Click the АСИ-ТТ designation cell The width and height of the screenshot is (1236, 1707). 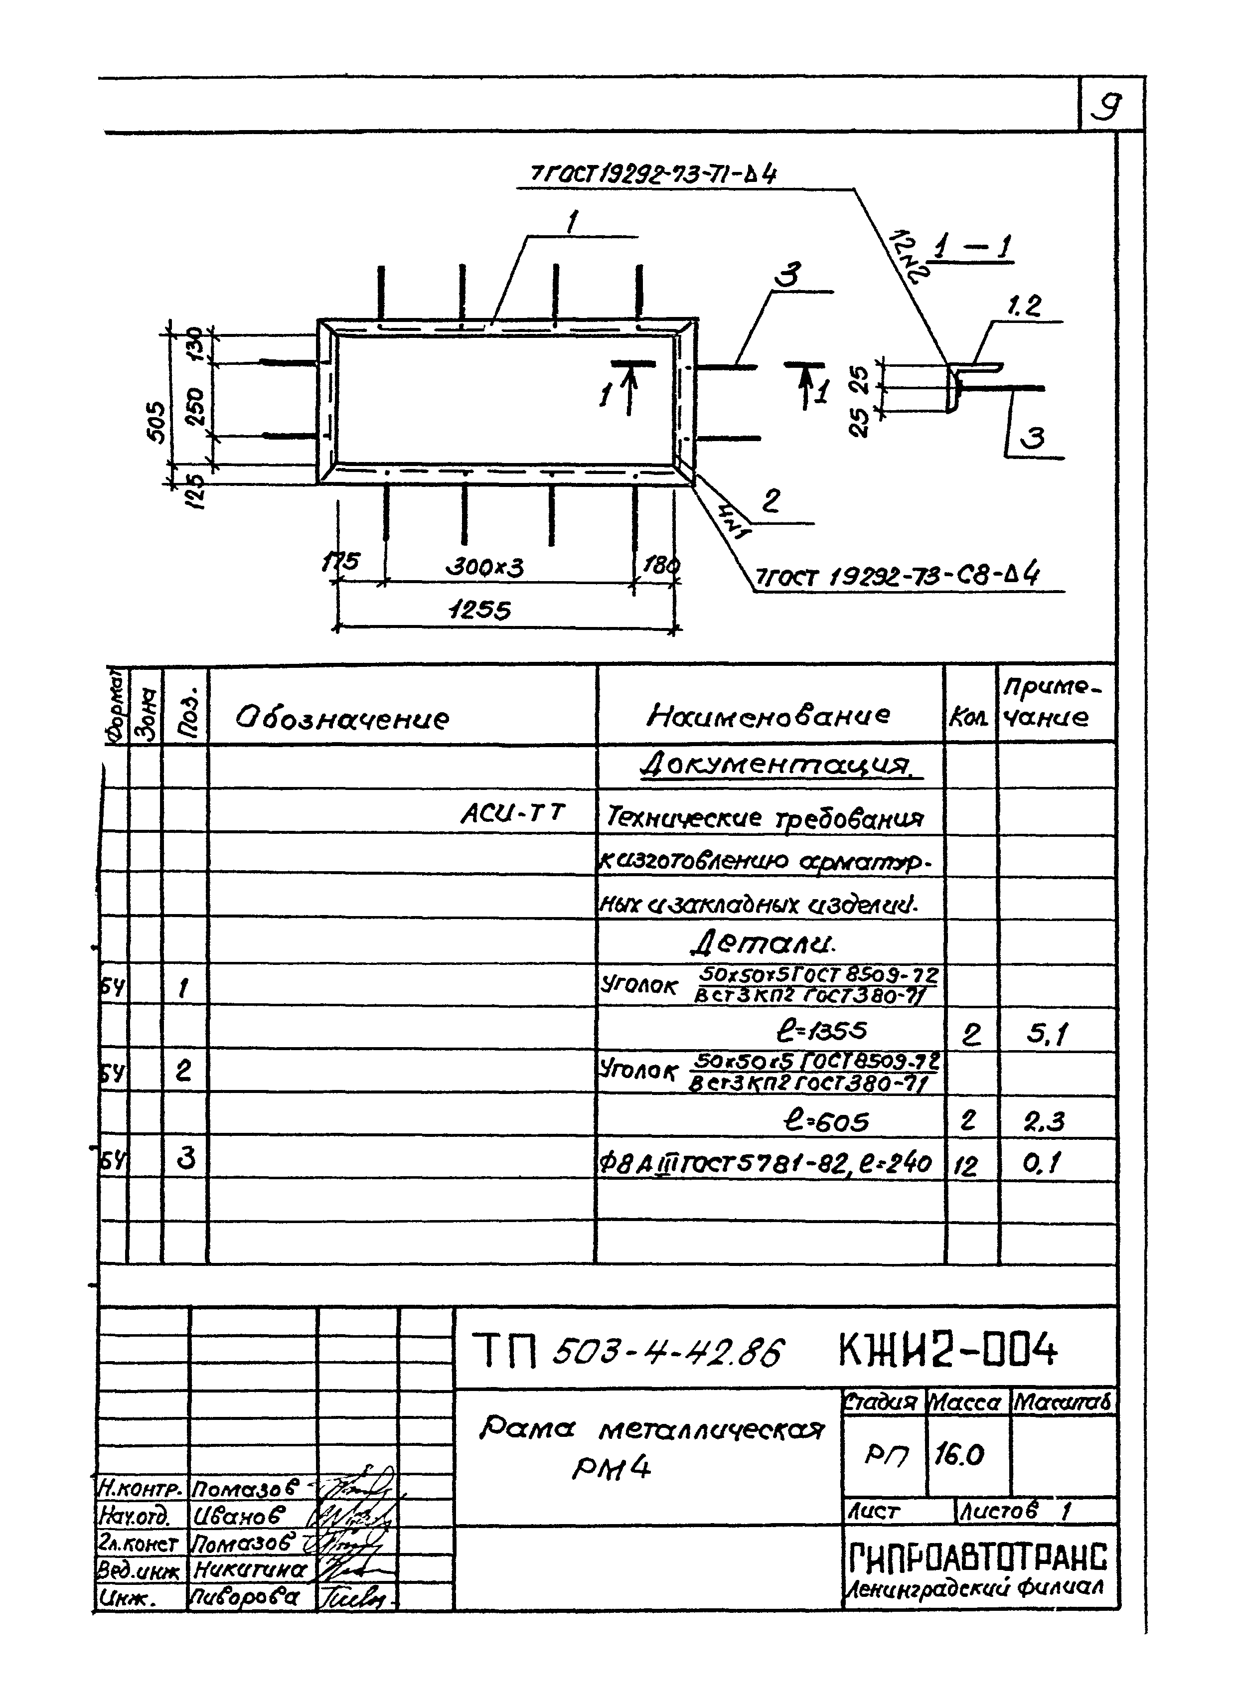point(512,813)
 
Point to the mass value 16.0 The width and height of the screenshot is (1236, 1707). point(959,1455)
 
